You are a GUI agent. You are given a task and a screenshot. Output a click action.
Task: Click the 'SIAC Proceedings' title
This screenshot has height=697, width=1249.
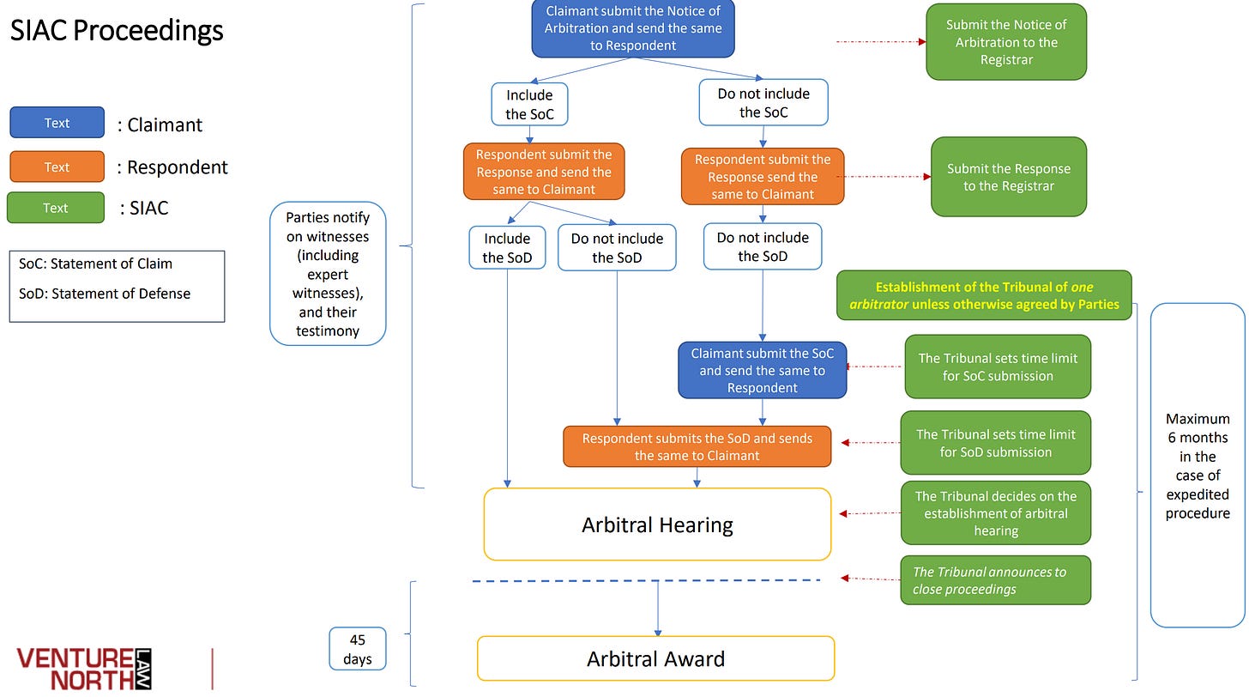tap(117, 31)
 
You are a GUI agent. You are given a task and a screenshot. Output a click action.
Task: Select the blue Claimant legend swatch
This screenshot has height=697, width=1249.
tap(57, 122)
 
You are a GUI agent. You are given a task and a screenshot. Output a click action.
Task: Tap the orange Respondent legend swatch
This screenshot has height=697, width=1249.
tap(57, 167)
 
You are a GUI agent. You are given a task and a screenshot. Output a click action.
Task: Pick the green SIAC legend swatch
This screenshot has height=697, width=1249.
tap(56, 208)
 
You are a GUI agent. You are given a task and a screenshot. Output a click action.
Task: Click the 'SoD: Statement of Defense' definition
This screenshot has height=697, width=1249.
tap(105, 294)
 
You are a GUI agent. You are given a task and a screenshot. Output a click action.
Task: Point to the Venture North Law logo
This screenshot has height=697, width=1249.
tap(84, 669)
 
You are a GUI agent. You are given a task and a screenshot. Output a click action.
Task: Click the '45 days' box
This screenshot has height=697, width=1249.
tap(358, 649)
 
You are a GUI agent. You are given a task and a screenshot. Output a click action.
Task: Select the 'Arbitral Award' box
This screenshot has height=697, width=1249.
tap(655, 658)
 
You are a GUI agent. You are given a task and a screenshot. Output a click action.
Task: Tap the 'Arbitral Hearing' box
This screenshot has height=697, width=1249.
tap(657, 524)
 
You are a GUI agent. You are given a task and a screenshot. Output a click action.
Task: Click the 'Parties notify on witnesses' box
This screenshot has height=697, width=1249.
tap(328, 274)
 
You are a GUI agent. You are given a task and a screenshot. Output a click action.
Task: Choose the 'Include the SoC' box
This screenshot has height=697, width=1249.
tap(530, 105)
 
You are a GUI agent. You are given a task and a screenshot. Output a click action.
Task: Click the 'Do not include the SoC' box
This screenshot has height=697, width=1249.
tap(763, 103)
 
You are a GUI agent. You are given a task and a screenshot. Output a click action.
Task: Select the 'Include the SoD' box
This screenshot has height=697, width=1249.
tap(507, 248)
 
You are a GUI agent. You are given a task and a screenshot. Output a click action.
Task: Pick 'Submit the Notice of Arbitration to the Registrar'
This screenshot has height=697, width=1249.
tap(1006, 42)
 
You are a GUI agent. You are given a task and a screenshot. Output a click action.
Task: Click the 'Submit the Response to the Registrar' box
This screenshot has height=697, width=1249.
tap(1009, 177)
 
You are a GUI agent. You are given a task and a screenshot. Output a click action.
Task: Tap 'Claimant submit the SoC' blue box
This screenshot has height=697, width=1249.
tap(763, 370)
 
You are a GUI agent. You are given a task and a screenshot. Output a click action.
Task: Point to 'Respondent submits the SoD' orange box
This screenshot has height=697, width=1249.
tap(697, 446)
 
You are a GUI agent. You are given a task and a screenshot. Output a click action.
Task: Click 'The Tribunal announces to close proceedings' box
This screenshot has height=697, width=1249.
tap(995, 580)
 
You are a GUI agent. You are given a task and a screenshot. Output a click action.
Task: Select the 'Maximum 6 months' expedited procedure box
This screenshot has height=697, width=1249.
tap(1198, 465)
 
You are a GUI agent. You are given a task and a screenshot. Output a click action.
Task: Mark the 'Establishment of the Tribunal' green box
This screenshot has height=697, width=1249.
tap(984, 295)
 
